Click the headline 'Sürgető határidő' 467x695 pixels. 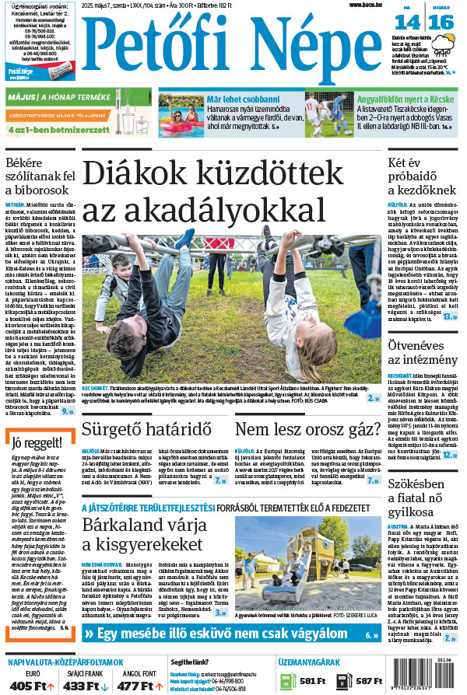point(147,430)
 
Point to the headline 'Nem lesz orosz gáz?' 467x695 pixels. point(307,430)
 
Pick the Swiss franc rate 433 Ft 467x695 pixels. point(80,686)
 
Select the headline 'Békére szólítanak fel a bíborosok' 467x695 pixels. point(40,177)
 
